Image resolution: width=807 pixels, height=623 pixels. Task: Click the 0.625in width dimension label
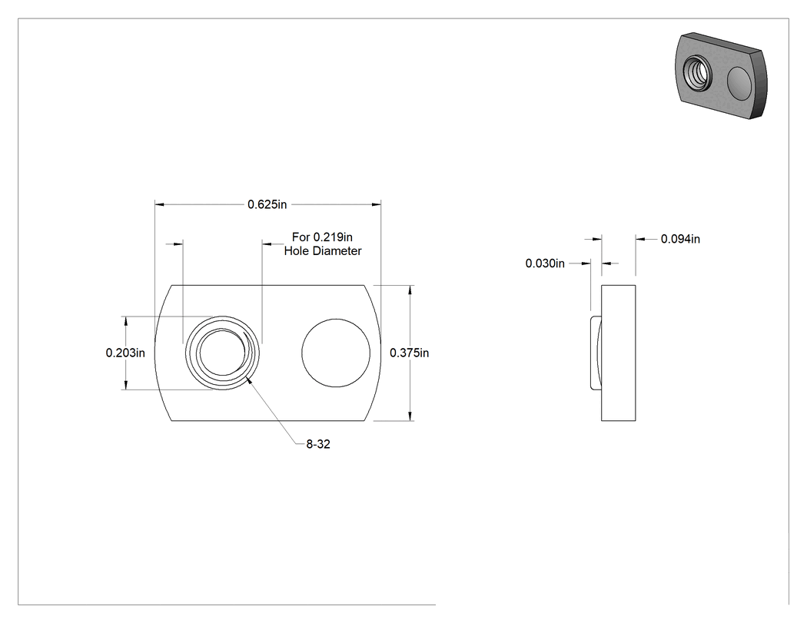click(267, 204)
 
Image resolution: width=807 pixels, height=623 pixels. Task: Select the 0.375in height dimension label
click(409, 353)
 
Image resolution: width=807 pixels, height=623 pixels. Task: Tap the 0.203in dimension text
click(125, 353)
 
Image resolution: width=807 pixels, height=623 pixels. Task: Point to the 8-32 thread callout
click(318, 444)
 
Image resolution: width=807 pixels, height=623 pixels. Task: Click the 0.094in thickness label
click(680, 239)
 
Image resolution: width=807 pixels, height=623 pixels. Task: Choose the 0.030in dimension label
click(545, 263)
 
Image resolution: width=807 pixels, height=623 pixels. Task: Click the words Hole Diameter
click(323, 251)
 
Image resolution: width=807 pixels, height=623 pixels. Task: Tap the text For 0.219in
click(322, 237)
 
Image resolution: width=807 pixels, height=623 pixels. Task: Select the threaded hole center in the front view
click(222, 353)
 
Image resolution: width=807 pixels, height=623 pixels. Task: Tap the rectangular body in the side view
click(618, 353)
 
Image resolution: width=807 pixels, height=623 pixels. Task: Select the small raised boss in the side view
click(596, 353)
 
